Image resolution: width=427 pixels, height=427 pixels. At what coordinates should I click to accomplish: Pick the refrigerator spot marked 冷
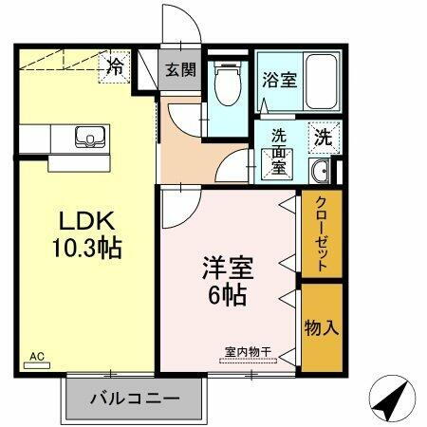pos(115,66)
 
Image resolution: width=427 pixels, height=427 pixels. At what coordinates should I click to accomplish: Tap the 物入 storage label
pos(321,327)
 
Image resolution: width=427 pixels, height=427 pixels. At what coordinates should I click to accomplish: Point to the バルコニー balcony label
pos(135,397)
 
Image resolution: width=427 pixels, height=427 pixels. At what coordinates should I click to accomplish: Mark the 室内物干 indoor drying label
pos(249,351)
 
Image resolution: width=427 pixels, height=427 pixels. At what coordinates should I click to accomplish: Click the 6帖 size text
pos(230,294)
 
